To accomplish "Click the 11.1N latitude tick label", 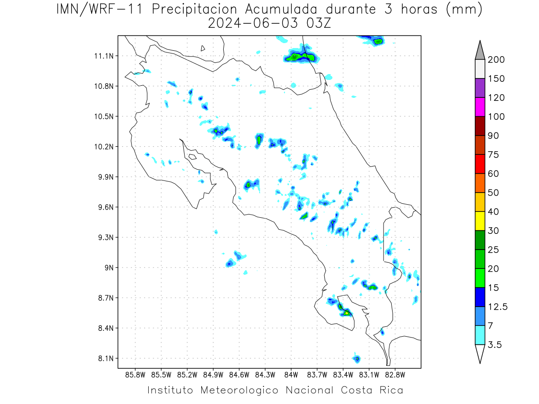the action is tap(104, 56).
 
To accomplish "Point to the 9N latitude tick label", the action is tap(109, 268).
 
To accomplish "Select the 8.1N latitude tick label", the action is tap(106, 358).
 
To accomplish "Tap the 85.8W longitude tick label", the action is tap(135, 375).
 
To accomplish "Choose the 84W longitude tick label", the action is tap(291, 375).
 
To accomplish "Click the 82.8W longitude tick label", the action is tap(395, 375).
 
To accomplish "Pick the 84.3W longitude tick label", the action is tap(265, 375).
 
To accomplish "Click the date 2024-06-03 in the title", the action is tap(253, 23).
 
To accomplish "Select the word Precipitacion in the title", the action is tap(194, 9).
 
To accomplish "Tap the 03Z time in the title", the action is tap(318, 23).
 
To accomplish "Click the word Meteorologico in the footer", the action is tap(239, 390).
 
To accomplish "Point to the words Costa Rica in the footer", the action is tap(372, 390).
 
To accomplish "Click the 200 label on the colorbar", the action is tap(496, 60).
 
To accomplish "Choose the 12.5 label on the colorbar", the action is tap(498, 307).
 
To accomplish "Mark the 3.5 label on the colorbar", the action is tap(495, 345).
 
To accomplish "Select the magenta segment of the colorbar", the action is tap(480, 107).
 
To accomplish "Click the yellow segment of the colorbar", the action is tap(480, 221).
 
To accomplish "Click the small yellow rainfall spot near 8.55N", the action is tap(346, 313).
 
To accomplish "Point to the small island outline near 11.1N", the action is tap(203, 48).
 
